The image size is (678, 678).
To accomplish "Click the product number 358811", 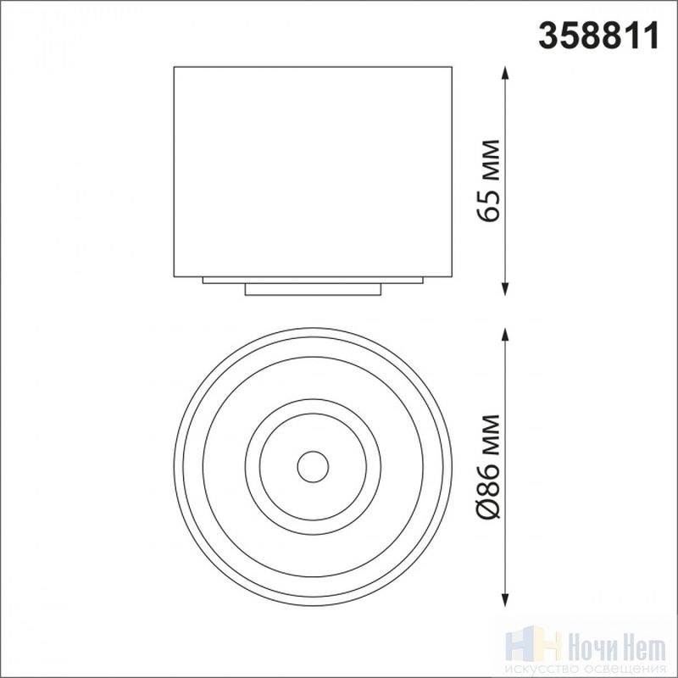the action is [x=598, y=36].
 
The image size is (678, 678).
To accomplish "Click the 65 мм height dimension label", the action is [x=489, y=181].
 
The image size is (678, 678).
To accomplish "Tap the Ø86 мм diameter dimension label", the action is [x=489, y=467].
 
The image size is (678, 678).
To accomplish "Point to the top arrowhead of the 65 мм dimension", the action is [x=504, y=73].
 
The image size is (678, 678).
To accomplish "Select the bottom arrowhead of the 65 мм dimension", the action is [x=504, y=289].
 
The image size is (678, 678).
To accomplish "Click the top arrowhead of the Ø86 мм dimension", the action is [x=504, y=335].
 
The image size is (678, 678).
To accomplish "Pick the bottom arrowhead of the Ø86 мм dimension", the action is [x=504, y=600].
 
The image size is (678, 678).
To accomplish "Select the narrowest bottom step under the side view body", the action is [x=313, y=290].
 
